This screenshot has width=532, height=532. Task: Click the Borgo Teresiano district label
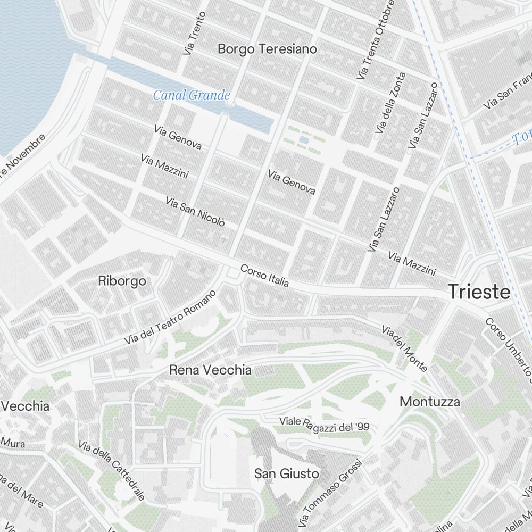point(267,49)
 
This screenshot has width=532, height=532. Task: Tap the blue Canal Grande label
point(192,96)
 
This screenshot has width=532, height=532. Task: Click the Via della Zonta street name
point(390,103)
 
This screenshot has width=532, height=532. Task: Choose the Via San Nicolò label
point(195,211)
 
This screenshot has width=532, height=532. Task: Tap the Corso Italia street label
point(264,276)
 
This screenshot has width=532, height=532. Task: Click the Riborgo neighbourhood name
point(122,281)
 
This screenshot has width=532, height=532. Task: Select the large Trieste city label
point(479,292)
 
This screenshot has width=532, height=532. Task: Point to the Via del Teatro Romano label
point(170,317)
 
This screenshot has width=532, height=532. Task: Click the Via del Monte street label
point(404,348)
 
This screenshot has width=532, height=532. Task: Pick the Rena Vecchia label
point(210,370)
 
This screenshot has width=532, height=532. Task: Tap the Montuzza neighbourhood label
point(430,402)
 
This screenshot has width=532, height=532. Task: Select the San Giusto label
point(286,473)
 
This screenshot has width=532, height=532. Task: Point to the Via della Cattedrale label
point(112,470)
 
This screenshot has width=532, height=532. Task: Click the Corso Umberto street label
point(508,348)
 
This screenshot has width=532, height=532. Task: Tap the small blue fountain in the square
point(303,140)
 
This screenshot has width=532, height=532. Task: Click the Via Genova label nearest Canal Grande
point(178,137)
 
